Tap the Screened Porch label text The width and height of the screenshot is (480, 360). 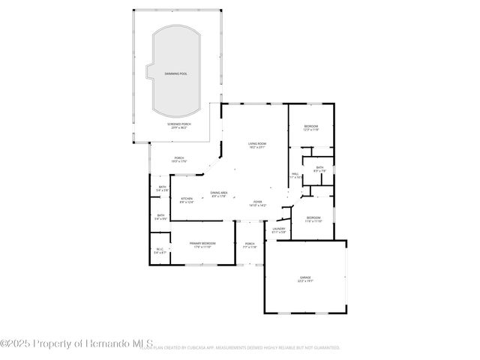pos(178,126)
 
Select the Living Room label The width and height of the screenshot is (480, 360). pos(257,145)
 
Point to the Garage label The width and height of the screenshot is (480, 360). pos(305,279)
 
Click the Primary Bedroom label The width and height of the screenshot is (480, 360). pos(202,244)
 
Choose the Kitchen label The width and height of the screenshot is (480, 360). pos(187,199)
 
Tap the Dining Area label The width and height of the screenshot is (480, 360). pos(220,194)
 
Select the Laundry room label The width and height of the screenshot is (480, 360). pos(278,229)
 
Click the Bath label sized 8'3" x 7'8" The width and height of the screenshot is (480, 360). pos(319,169)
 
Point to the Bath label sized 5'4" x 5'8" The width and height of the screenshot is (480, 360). pos(162,188)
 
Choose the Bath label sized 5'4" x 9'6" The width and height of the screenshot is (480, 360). pos(160,217)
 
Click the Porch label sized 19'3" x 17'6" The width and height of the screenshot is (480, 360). pos(179,159)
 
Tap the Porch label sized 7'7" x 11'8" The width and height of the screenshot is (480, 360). pos(250,245)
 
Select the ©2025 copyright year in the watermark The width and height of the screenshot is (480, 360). pos(16,343)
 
